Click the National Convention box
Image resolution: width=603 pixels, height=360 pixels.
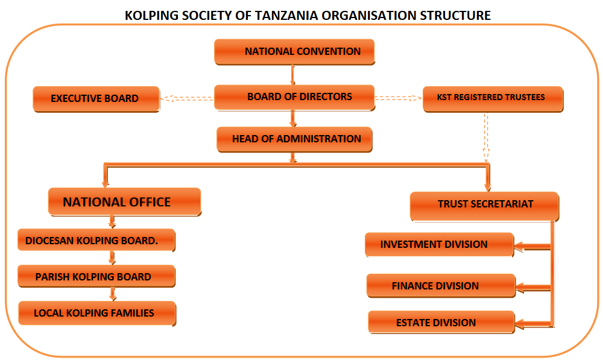click(x=294, y=51)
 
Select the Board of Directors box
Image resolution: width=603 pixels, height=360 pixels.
click(x=294, y=97)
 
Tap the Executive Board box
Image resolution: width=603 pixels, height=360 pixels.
click(x=96, y=99)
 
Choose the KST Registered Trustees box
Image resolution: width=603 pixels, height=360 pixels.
click(x=493, y=99)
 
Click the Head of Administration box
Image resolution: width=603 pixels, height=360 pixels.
click(x=294, y=139)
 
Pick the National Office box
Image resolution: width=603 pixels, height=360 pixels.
click(x=125, y=202)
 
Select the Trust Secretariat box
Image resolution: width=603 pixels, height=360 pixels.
click(x=485, y=207)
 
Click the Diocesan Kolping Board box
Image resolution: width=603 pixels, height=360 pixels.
click(x=96, y=241)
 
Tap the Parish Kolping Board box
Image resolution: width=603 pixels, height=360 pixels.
click(x=96, y=276)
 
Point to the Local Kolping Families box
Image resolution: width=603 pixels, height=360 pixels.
click(x=97, y=314)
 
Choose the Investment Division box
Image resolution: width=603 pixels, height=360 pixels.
click(x=440, y=245)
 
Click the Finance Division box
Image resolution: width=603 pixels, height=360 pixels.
click(x=441, y=286)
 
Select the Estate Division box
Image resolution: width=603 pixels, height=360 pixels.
click(x=441, y=322)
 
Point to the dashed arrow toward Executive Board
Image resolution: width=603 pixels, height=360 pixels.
click(x=187, y=98)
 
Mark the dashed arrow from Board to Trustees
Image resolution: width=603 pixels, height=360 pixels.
click(x=399, y=98)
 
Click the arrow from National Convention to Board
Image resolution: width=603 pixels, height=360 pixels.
click(x=292, y=75)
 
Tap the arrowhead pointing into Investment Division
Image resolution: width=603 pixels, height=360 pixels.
click(x=519, y=246)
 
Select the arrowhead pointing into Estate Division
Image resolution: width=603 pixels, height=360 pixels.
click(x=520, y=324)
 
